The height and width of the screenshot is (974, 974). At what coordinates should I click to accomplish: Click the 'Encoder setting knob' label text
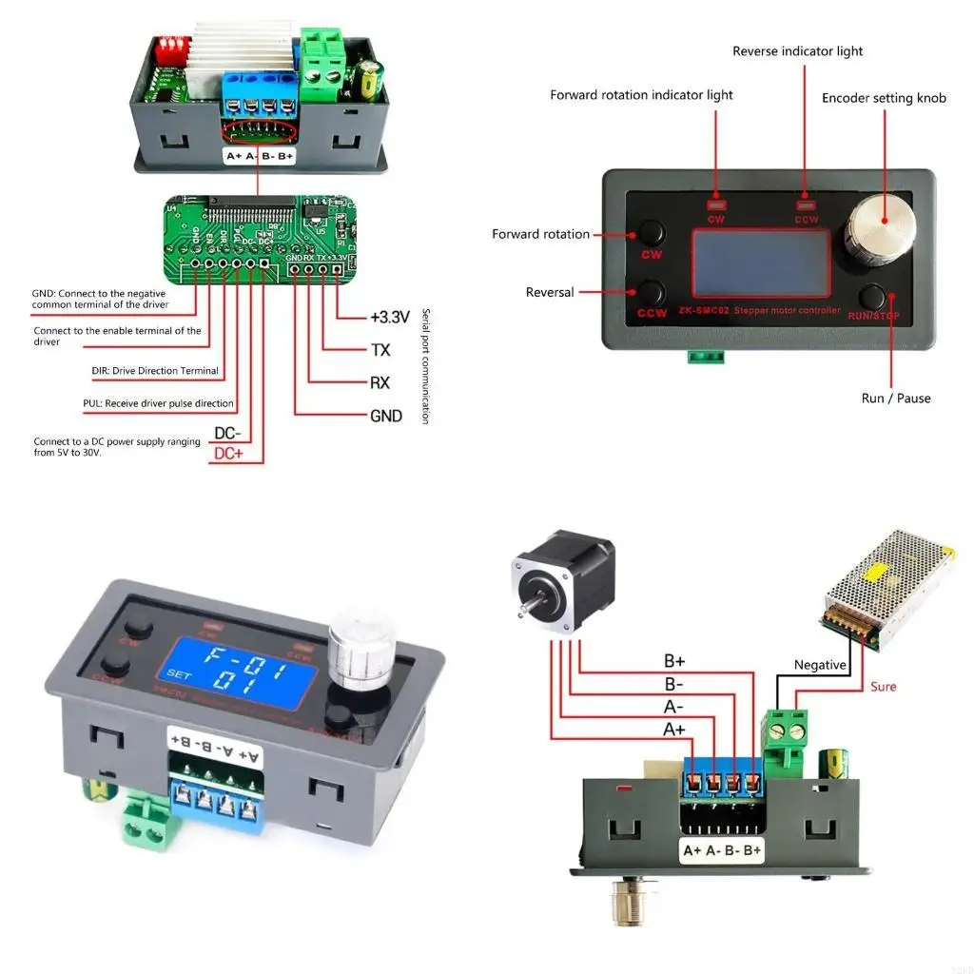pyautogui.click(x=884, y=98)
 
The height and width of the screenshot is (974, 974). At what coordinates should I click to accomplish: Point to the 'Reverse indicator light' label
pyautogui.click(x=797, y=51)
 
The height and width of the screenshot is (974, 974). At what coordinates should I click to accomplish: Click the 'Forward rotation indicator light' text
pyautogui.click(x=641, y=95)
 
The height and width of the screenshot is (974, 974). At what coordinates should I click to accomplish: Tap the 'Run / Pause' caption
pyautogui.click(x=895, y=398)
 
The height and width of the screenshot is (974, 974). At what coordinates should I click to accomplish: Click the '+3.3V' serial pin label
pyautogui.click(x=389, y=317)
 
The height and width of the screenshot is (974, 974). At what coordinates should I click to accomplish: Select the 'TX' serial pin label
pyautogui.click(x=380, y=350)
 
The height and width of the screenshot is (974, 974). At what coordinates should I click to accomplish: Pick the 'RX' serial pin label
pyautogui.click(x=380, y=383)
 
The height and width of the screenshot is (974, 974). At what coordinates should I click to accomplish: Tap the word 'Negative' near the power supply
pyautogui.click(x=819, y=665)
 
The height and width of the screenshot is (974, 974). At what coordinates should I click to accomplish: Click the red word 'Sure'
pyautogui.click(x=883, y=686)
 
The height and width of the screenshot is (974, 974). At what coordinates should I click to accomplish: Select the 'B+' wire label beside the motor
pyautogui.click(x=674, y=661)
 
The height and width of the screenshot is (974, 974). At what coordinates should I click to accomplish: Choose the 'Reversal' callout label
pyautogui.click(x=550, y=292)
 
